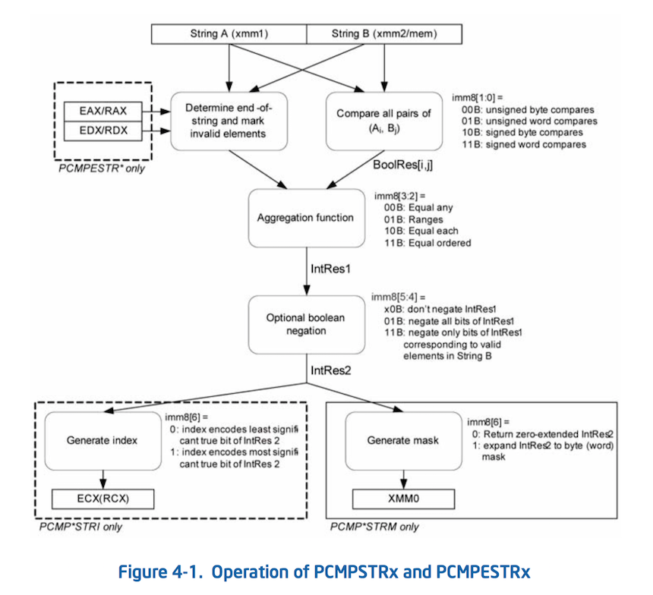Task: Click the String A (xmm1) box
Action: tap(229, 33)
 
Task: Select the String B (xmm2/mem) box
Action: tap(384, 33)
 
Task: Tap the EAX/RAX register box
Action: tap(103, 111)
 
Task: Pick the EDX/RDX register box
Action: tap(103, 131)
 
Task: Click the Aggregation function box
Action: tap(307, 218)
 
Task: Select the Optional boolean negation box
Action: tap(307, 325)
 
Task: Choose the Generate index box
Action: tap(103, 441)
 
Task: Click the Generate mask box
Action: tap(403, 441)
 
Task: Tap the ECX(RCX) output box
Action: tap(103, 499)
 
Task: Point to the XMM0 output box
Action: tap(403, 499)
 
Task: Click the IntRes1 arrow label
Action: tap(330, 269)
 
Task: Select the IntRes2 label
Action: tap(330, 370)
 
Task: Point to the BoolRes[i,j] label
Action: tap(402, 165)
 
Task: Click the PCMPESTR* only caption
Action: tap(102, 168)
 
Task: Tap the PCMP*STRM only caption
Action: tap(374, 527)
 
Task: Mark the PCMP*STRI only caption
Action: tap(80, 527)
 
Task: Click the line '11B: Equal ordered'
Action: tap(427, 243)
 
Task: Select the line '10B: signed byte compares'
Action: tap(522, 133)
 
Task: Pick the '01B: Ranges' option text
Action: tap(414, 220)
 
